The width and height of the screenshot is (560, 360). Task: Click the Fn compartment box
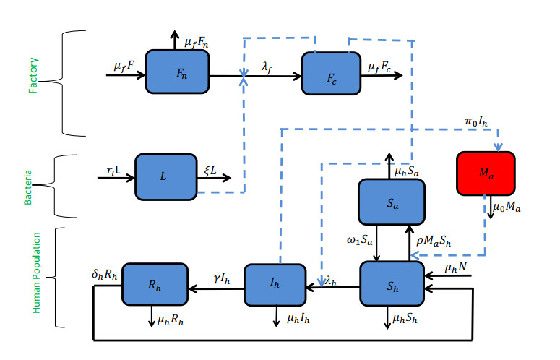[177, 72]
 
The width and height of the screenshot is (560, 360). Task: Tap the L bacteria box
[166, 176]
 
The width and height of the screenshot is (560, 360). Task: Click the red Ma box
[486, 173]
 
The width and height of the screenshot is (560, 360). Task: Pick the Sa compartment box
[392, 200]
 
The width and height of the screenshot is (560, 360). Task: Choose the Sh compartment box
[392, 284]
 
